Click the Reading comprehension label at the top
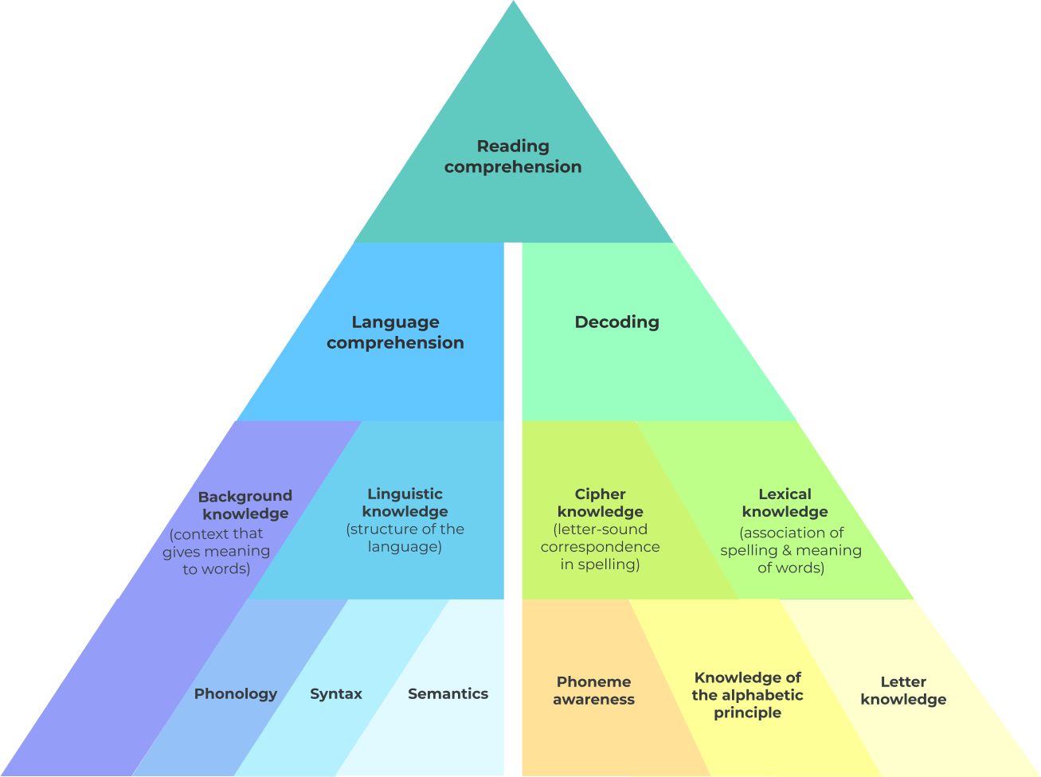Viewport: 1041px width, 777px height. click(513, 157)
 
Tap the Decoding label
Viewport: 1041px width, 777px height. click(616, 322)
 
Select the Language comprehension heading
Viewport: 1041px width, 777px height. click(395, 332)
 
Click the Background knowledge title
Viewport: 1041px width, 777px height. click(245, 505)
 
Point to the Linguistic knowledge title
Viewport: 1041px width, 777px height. click(405, 502)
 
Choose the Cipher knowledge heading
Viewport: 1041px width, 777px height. click(600, 503)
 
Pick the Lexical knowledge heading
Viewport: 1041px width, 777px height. click(785, 503)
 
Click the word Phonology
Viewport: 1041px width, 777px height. click(236, 694)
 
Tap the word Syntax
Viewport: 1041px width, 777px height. click(336, 694)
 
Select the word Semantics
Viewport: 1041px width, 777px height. click(448, 693)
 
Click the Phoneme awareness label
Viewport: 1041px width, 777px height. click(593, 690)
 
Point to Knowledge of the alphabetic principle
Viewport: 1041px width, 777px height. click(747, 695)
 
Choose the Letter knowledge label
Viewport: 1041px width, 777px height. click(903, 690)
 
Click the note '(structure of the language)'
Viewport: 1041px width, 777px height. click(405, 538)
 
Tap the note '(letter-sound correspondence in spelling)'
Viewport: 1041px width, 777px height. click(600, 547)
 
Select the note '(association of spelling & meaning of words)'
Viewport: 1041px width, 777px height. click(791, 550)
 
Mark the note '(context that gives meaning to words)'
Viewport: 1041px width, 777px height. click(217, 552)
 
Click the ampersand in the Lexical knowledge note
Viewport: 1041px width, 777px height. click(786, 550)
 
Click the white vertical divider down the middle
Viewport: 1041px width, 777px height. click(513, 510)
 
